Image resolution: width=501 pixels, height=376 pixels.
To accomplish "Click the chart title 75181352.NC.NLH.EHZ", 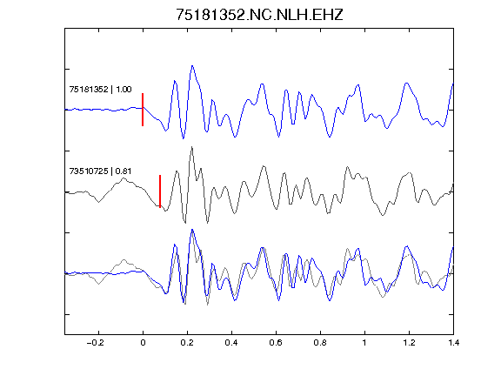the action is [259, 15].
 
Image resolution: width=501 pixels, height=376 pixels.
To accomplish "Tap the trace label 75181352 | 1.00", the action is [100, 89].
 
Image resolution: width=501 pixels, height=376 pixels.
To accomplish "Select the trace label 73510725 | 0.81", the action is [100, 171].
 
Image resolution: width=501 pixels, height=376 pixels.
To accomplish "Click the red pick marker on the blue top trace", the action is [143, 110].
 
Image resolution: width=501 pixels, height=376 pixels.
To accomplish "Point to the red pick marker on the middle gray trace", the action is [160, 191].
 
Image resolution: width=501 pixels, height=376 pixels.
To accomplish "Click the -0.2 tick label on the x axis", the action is [96, 343].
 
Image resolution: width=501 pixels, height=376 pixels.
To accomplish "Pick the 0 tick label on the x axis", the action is [143, 343].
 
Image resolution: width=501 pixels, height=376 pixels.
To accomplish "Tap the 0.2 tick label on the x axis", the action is [187, 343].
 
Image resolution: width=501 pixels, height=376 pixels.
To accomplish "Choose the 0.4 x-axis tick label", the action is [231, 343].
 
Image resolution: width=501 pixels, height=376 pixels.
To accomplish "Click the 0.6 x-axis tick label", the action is [276, 343].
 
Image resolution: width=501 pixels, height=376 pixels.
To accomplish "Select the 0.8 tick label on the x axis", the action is [320, 343].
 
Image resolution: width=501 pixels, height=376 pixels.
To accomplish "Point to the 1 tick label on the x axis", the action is [364, 343].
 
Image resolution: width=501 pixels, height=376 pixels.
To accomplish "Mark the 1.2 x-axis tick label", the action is [409, 343].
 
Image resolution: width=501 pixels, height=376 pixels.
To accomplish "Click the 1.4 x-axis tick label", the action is [453, 343].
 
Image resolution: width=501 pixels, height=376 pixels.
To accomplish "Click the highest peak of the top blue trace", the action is [192, 66].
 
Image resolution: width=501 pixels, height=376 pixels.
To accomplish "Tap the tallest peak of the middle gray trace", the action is [191, 147].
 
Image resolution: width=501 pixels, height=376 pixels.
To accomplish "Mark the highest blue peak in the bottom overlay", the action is [192, 230].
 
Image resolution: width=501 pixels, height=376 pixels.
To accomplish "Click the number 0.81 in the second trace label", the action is [124, 171].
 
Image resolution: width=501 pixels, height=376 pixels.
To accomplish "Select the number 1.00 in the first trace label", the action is [124, 89].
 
